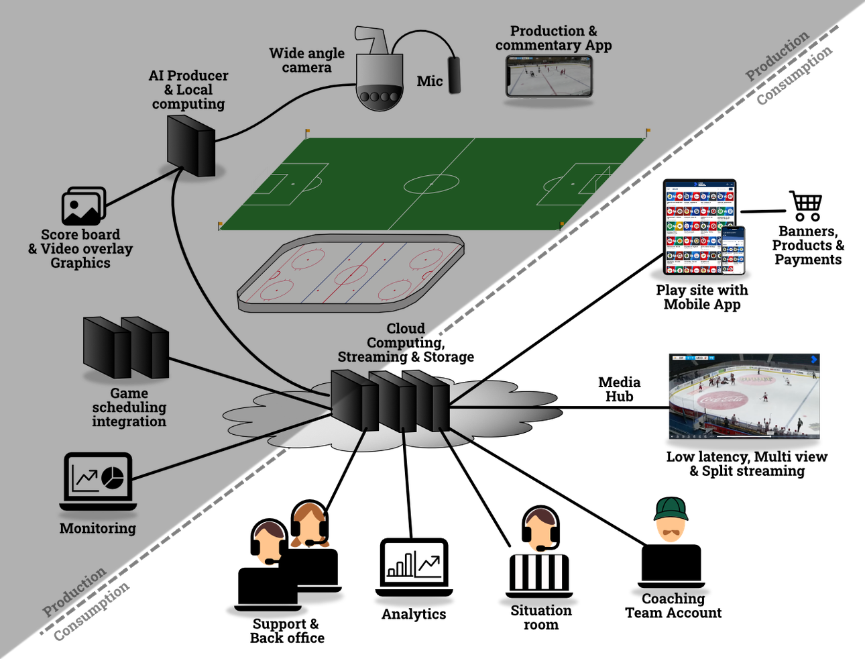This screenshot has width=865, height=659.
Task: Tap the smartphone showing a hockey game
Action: pos(549,76)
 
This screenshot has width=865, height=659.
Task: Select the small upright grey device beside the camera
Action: pos(455,74)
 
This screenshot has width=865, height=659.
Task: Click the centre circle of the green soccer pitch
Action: pos(431,183)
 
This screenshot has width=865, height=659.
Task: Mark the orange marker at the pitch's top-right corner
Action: pos(648,130)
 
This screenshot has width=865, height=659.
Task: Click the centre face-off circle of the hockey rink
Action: pos(352,274)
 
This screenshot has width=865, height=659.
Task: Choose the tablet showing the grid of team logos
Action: pos(694,226)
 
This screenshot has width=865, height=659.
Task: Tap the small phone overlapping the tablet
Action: pos(734,250)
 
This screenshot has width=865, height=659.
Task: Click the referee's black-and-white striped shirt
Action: pos(538,572)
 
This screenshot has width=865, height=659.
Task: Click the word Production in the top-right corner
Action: pos(777,56)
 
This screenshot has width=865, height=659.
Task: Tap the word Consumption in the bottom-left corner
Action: pos(92,613)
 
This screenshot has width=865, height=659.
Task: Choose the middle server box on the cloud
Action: pos(394,401)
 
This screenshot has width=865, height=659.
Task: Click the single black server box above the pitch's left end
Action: pos(190,146)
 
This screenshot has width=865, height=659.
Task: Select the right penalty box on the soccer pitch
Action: pos(571,184)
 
